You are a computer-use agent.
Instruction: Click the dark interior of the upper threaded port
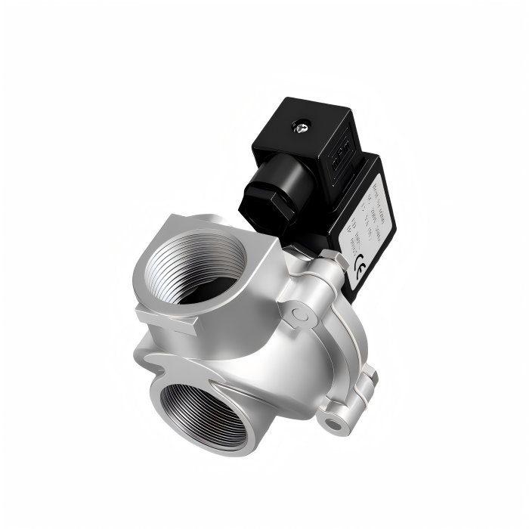(203, 288)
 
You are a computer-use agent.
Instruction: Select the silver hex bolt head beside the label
(330, 266)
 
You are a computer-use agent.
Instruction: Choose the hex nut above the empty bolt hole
(367, 382)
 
